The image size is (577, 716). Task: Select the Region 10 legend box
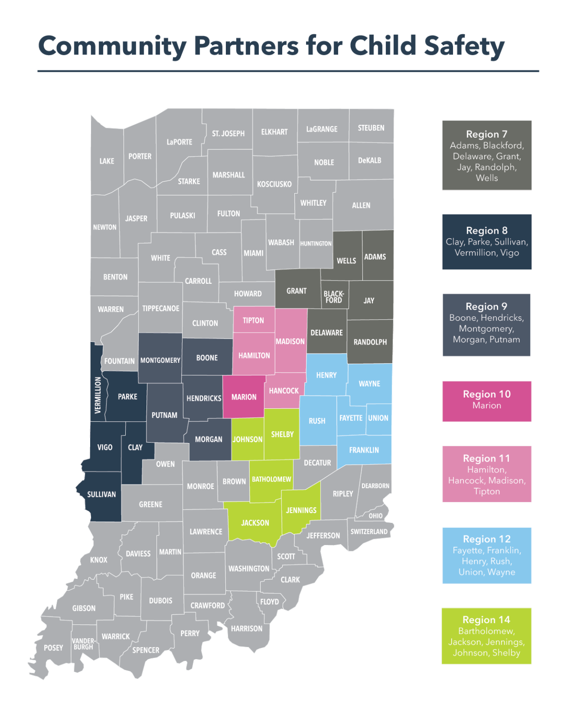487,401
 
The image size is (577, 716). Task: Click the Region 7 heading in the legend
487,134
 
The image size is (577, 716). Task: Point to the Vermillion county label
97,395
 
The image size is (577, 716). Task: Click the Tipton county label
253,320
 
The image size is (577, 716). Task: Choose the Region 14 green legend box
487,636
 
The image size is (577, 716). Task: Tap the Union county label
378,418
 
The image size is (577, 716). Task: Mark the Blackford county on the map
334,296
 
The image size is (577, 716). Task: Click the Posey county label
53,648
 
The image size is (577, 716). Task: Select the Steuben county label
371,128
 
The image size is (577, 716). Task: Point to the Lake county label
107,161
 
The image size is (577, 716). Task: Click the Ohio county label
376,516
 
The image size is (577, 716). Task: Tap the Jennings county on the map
301,510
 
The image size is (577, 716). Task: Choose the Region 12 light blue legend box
487,555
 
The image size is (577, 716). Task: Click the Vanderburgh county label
83,644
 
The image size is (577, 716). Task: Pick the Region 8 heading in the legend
487,231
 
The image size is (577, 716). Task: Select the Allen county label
361,205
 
